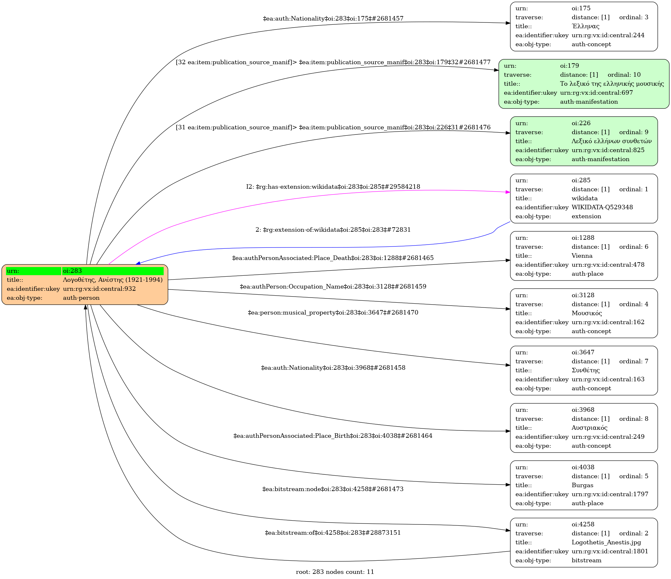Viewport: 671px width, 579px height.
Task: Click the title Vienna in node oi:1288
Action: pyautogui.click(x=582, y=255)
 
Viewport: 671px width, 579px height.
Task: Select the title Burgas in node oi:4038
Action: pyautogui.click(x=582, y=485)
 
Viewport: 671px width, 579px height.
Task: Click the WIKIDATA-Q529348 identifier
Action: pyautogui.click(x=602, y=207)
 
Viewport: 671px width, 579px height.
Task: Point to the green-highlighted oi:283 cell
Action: pyautogui.click(x=113, y=271)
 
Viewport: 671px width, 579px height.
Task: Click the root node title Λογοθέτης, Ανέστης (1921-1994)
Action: pyautogui.click(x=113, y=280)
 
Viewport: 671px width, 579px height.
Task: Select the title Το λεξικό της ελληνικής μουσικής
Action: pyautogui.click(x=612, y=83)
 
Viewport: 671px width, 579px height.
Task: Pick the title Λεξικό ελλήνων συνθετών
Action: pyautogui.click(x=612, y=141)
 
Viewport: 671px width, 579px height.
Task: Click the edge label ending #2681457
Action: pyautogui.click(x=333, y=18)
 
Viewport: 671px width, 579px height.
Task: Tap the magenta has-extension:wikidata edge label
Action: pyautogui.click(x=333, y=186)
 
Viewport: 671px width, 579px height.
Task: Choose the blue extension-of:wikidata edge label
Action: pyautogui.click(x=333, y=230)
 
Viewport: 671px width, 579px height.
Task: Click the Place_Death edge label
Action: pyautogui.click(x=333, y=258)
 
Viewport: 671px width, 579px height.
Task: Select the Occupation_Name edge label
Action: pyautogui.click(x=333, y=286)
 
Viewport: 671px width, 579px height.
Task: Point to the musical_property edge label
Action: pyautogui.click(x=333, y=313)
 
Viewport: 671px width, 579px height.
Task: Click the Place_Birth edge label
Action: pyautogui.click(x=333, y=436)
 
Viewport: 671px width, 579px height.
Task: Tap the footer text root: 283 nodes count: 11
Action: pyautogui.click(x=335, y=572)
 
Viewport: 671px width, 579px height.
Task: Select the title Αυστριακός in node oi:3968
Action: pyautogui.click(x=589, y=428)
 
